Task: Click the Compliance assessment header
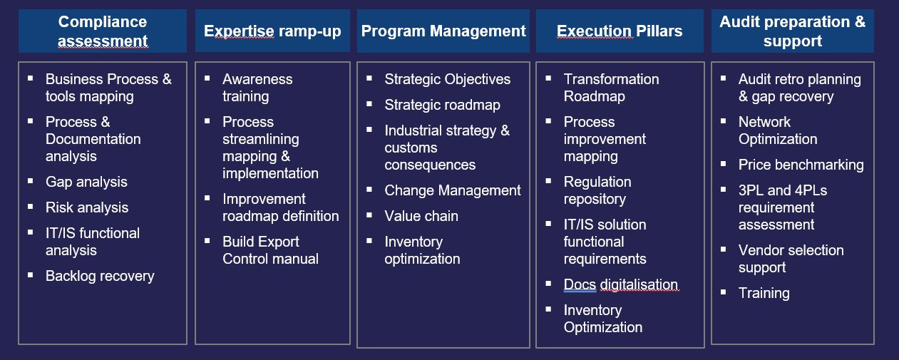pyautogui.click(x=103, y=31)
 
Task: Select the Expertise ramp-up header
pyautogui.click(x=272, y=31)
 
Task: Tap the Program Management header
pyautogui.click(x=443, y=31)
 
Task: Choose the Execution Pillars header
pyautogui.click(x=620, y=31)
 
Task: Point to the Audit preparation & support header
pyautogui.click(x=793, y=31)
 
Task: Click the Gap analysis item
pyautogui.click(x=86, y=182)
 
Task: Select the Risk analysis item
pyautogui.click(x=87, y=208)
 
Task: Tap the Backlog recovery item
pyautogui.click(x=100, y=276)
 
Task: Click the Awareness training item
pyautogui.click(x=257, y=88)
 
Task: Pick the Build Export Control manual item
pyautogui.click(x=270, y=250)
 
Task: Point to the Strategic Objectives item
pyautogui.click(x=448, y=79)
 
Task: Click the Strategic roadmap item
pyautogui.click(x=442, y=106)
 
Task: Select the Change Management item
pyautogui.click(x=452, y=190)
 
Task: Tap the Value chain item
pyautogui.click(x=421, y=216)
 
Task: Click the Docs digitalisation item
pyautogui.click(x=621, y=284)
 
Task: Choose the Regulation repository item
pyautogui.click(x=597, y=190)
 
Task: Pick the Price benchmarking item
pyautogui.click(x=801, y=165)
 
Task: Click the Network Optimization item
pyautogui.click(x=778, y=131)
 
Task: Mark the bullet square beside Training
pyautogui.click(x=723, y=292)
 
